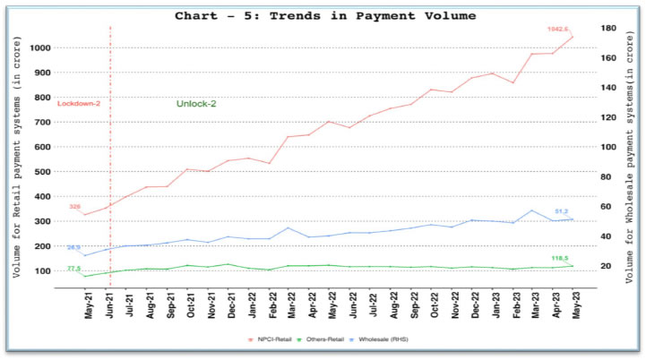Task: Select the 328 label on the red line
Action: tap(75, 207)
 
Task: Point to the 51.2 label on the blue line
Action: tap(563, 211)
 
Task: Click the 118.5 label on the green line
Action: tap(560, 258)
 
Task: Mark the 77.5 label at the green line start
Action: tap(73, 268)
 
